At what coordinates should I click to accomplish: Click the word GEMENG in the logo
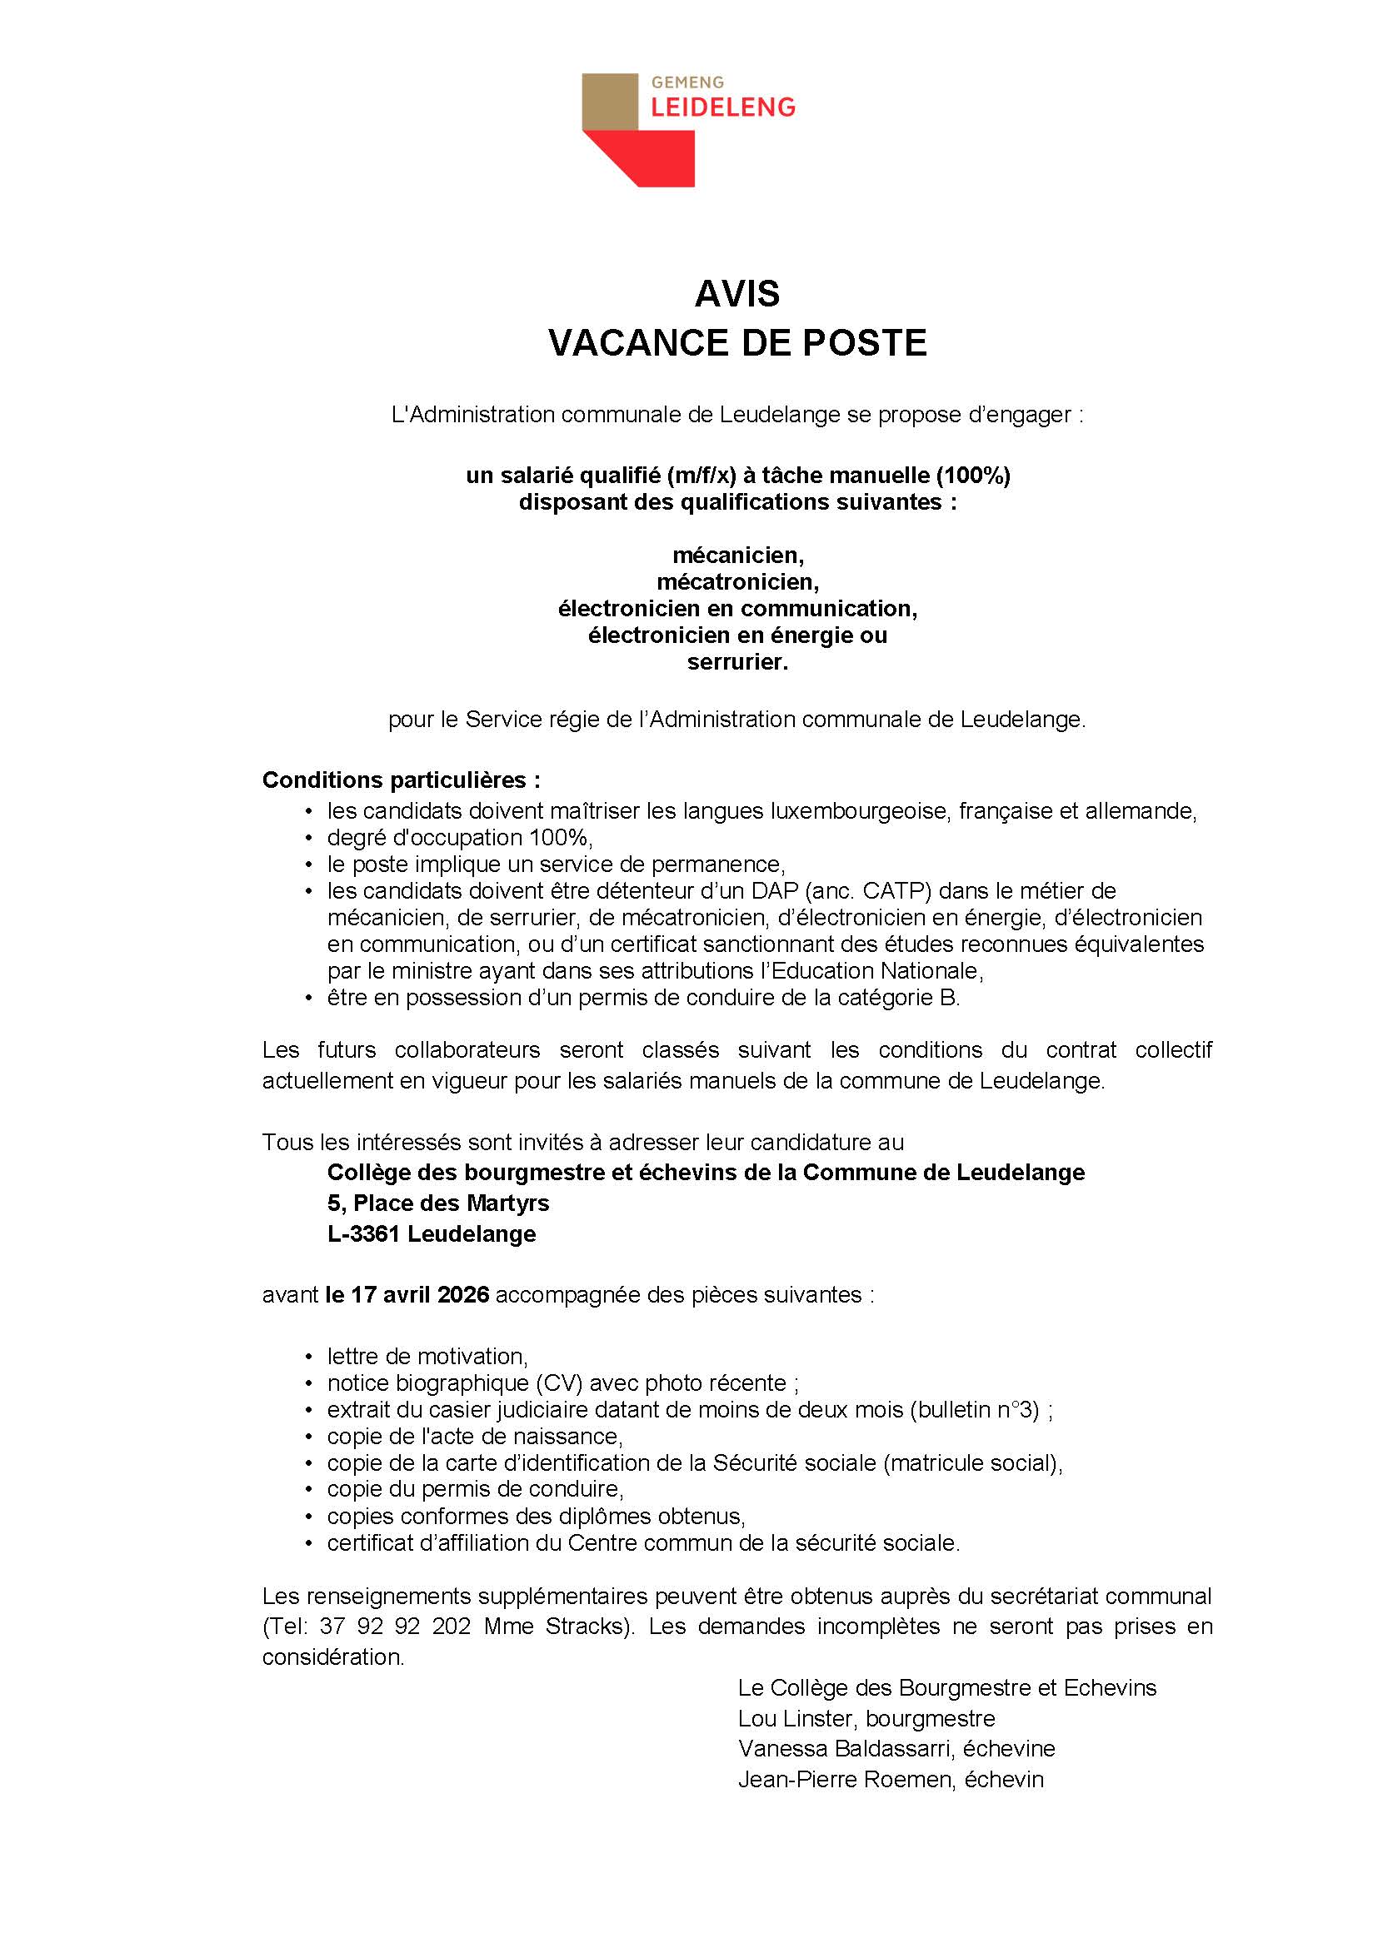[687, 82]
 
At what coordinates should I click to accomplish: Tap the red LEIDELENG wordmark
[723, 107]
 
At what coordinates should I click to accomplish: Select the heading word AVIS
[736, 294]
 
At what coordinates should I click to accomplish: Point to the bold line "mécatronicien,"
[736, 582]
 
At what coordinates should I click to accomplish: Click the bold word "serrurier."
[736, 663]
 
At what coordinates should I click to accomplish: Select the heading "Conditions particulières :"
[401, 780]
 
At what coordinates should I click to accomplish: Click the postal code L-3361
[364, 1233]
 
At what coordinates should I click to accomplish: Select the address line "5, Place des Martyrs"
[438, 1203]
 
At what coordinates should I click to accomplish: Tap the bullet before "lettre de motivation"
[310, 1357]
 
